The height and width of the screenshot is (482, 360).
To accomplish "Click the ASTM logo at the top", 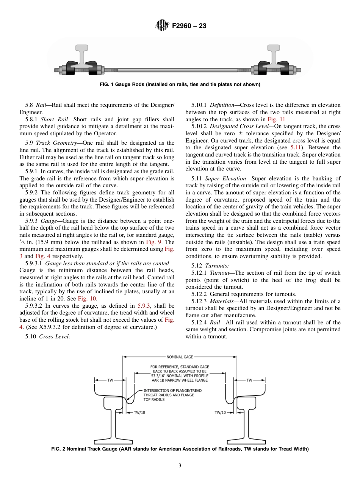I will [x=162, y=26].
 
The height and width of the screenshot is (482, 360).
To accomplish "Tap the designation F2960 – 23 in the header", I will [x=189, y=26].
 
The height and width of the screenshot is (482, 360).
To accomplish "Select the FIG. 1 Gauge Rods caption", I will [x=180, y=85].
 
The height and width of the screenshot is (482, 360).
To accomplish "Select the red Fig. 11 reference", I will [x=274, y=119].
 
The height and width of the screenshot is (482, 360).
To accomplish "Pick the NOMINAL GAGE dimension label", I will [x=180, y=357].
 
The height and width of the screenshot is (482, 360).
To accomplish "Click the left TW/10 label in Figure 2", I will [x=139, y=413].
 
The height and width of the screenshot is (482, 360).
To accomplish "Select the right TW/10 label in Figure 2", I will [x=220, y=413].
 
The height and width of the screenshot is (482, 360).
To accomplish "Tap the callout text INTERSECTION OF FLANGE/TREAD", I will [x=172, y=390].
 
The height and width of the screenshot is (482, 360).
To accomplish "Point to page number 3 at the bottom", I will [x=180, y=466].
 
